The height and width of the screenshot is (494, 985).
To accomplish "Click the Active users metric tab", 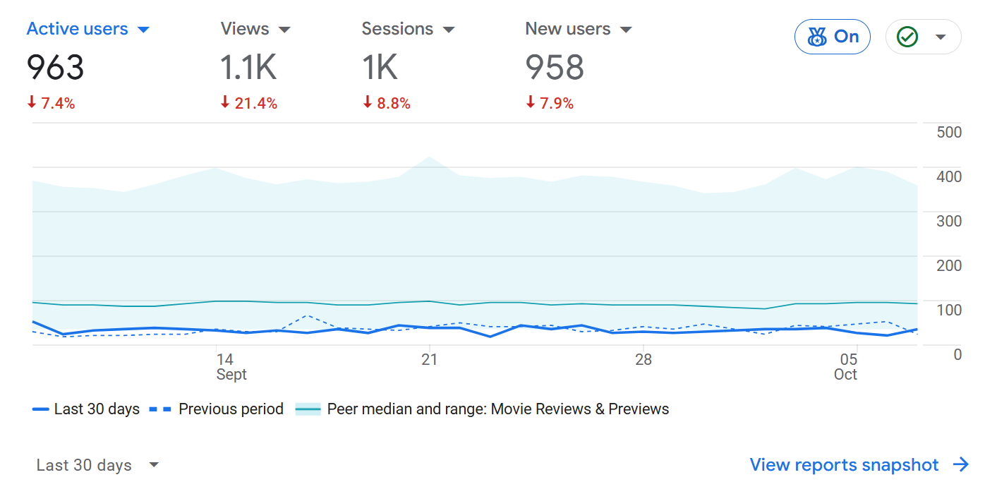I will click(x=78, y=29).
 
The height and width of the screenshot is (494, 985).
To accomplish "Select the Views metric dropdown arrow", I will click(x=284, y=30).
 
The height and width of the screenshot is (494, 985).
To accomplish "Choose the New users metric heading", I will click(x=568, y=29).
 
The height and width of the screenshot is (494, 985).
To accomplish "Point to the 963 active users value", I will click(x=55, y=68).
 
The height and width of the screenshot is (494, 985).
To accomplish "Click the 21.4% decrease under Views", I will click(x=249, y=104).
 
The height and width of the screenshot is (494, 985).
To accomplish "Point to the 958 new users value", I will click(x=555, y=68).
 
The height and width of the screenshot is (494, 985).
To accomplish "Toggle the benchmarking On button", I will click(x=833, y=37).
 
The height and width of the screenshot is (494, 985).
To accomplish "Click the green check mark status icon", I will click(x=907, y=37).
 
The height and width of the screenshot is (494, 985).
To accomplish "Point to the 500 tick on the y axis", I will click(x=948, y=133).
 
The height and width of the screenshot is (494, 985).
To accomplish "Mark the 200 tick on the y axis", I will click(x=948, y=265).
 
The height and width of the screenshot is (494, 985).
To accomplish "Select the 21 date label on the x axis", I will click(x=429, y=359).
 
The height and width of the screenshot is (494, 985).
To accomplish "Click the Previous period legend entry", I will click(x=217, y=409).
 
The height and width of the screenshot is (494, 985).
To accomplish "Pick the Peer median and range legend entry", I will click(x=483, y=409).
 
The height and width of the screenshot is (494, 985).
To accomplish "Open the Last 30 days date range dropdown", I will click(x=97, y=465).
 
